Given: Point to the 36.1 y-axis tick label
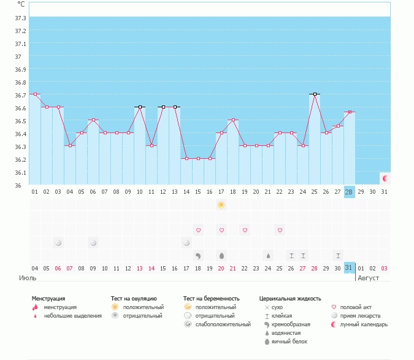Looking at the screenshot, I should coord(20,172).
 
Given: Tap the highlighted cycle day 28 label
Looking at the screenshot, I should coord(349,192).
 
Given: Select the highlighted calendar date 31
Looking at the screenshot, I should coord(349,268).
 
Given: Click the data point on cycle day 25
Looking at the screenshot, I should coord(315,94).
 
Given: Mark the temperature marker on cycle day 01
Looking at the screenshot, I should coord(35,94).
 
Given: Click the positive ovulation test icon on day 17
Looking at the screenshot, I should coord(221,205).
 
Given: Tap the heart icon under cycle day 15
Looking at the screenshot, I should coord(198,230).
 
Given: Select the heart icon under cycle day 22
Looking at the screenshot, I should coord(280,230).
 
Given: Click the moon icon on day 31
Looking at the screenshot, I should coord(385,178).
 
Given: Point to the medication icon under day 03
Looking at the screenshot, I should coord(58,243).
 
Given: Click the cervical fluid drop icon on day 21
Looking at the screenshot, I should coord(268,255).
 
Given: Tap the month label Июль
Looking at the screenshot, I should coord(27,278).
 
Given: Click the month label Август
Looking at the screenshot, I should coord(369,278).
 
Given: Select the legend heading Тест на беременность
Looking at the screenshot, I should coord(211,299).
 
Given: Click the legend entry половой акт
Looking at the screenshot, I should coord(356,307).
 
